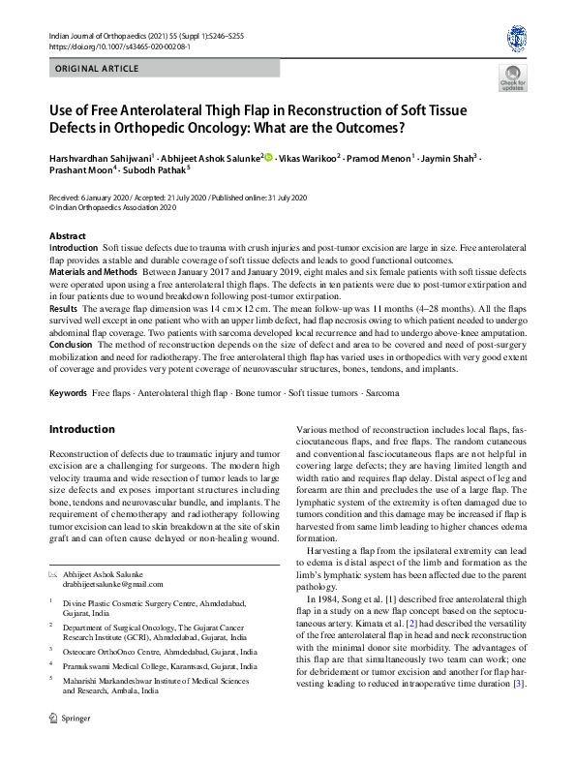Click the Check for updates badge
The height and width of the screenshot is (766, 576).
pyautogui.click(x=513, y=78)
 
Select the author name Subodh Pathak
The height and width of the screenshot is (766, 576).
pyautogui.click(x=160, y=169)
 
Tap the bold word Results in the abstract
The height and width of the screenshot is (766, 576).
pyautogui.click(x=64, y=306)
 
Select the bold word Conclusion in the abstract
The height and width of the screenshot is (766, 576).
pyautogui.click(x=71, y=345)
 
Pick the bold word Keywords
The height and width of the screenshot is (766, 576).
pyautogui.click(x=68, y=396)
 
